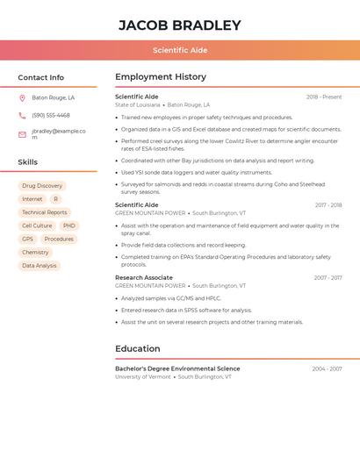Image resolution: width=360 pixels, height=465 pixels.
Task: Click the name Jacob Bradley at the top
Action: click(179, 25)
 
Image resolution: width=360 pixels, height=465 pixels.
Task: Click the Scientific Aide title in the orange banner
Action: click(180, 50)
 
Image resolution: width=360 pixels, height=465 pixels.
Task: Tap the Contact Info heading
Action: click(40, 77)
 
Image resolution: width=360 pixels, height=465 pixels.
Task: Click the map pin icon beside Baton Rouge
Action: click(22, 98)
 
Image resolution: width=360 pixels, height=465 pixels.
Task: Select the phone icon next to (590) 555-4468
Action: click(22, 115)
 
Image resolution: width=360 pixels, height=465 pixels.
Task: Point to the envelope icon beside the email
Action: click(22, 134)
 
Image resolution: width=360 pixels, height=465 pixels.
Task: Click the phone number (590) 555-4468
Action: click(51, 115)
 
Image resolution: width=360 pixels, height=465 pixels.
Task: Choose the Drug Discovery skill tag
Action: click(42, 186)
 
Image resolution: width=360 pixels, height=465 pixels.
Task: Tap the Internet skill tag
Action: click(32, 199)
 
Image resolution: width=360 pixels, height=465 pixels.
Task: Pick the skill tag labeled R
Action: click(56, 199)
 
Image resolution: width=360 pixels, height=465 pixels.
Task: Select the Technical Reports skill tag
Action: click(45, 212)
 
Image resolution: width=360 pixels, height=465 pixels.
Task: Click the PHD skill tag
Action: click(69, 225)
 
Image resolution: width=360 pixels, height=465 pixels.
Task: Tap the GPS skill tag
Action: click(27, 239)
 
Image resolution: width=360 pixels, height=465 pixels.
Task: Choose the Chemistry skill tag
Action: click(35, 253)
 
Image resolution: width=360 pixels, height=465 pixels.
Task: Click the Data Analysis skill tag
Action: click(40, 266)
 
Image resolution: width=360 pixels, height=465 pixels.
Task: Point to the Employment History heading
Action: click(160, 77)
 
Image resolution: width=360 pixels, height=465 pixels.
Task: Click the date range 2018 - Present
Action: click(324, 97)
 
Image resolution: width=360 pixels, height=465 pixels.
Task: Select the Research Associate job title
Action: click(143, 277)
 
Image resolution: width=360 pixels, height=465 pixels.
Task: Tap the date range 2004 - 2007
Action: click(327, 368)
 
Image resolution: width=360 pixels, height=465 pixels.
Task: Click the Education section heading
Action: click(137, 349)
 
